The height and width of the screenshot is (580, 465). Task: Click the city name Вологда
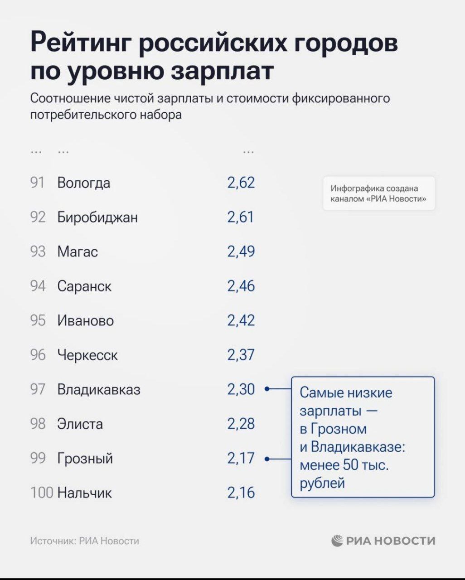tap(83, 183)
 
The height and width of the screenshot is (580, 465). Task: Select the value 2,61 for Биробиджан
tap(241, 217)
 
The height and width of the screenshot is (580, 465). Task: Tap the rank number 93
tap(38, 251)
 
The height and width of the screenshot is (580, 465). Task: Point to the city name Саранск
tap(84, 286)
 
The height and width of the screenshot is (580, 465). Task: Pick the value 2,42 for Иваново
tap(241, 320)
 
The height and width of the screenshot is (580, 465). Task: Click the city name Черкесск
tap(87, 355)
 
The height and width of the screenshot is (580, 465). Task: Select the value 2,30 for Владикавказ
tap(241, 389)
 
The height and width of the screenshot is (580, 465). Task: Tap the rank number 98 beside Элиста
tap(38, 424)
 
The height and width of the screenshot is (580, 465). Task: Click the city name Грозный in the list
tap(85, 459)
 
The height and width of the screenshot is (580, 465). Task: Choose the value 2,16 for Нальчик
tap(241, 493)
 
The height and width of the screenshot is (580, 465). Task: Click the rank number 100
tap(42, 493)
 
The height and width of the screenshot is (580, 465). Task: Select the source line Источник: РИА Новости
tap(85, 541)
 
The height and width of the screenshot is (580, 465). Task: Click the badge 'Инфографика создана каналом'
tap(378, 193)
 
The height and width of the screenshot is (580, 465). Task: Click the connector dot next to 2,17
tap(267, 459)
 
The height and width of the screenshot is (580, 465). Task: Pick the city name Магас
tap(77, 251)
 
